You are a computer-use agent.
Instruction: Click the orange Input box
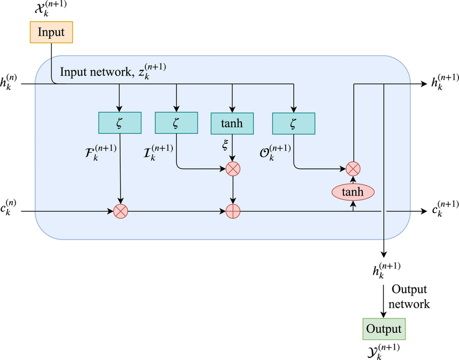[x=51, y=32]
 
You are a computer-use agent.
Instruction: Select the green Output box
[x=384, y=329]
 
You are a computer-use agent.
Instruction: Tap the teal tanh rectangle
[x=232, y=123]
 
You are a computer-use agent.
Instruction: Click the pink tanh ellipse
[x=353, y=192]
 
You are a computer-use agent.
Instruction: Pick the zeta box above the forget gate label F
[x=120, y=123]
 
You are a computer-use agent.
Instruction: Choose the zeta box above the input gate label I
[x=176, y=123]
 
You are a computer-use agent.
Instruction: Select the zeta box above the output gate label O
[x=294, y=123]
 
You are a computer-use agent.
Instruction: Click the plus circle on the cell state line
[x=233, y=211]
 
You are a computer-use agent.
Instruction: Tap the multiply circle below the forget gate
[x=120, y=211]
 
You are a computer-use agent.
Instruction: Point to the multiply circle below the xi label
[x=233, y=169]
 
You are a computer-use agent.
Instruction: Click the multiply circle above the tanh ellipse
[x=353, y=169]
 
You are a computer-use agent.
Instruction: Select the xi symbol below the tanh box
[x=225, y=145]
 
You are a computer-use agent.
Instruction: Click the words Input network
[x=96, y=72]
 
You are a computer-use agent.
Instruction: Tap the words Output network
[x=409, y=296]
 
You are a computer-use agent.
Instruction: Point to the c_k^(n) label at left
[x=8, y=208]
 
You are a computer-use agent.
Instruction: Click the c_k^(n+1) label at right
[x=446, y=208]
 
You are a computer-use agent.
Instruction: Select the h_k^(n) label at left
[x=9, y=82]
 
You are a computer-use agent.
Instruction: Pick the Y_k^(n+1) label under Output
[x=383, y=351]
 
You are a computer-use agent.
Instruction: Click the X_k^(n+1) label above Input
[x=51, y=9]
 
